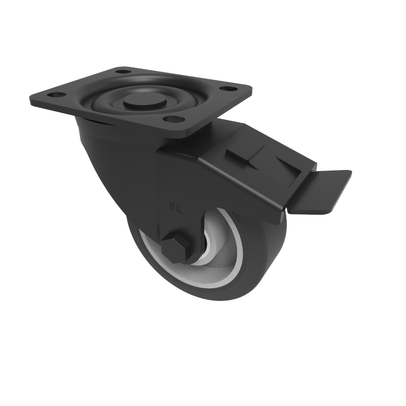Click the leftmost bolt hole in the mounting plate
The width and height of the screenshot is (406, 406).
click(x=56, y=94)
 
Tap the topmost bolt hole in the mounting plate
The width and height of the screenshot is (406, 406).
click(x=122, y=72)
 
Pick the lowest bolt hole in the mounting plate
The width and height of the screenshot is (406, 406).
click(x=174, y=120)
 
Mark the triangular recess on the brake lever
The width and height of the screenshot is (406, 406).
click(x=279, y=163)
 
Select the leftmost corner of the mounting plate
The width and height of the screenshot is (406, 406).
click(x=30, y=97)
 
